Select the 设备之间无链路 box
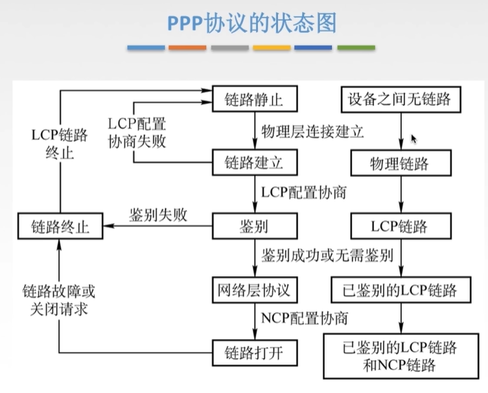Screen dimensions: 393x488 [x=400, y=99]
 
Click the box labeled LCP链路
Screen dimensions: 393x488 [x=400, y=226]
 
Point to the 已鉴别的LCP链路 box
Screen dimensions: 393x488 [x=400, y=289]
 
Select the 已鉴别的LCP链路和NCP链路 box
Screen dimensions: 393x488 [x=400, y=355]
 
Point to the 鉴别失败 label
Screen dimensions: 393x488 [x=158, y=214]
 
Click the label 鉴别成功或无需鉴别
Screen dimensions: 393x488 [x=327, y=257]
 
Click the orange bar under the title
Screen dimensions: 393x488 [x=187, y=48]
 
